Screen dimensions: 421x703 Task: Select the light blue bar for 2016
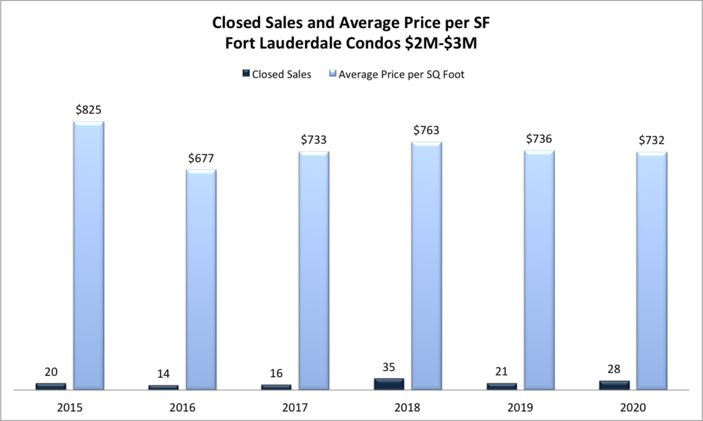tap(201, 279)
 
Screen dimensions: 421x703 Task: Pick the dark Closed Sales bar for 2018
tap(389, 384)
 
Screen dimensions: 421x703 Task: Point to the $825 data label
tap(89, 109)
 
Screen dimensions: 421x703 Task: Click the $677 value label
tap(201, 157)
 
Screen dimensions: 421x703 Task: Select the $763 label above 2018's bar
tap(426, 130)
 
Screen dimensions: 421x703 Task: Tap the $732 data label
tap(652, 139)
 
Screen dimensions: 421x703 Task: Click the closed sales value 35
tap(389, 366)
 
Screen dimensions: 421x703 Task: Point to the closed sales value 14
tap(163, 374)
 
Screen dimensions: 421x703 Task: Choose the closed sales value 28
tap(614, 369)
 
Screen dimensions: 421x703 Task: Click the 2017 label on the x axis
tap(295, 407)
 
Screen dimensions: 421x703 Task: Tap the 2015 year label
tap(69, 407)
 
